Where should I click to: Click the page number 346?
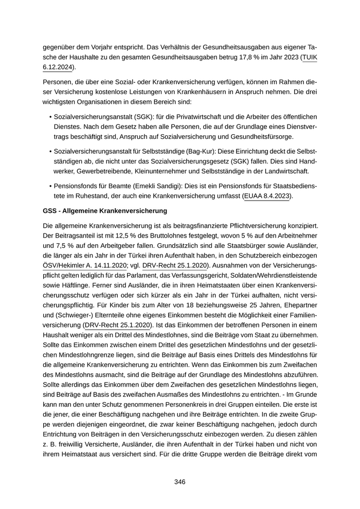pos(179,482)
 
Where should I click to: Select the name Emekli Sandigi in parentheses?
pos(153,186)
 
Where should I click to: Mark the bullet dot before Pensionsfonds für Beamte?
pos(50,186)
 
